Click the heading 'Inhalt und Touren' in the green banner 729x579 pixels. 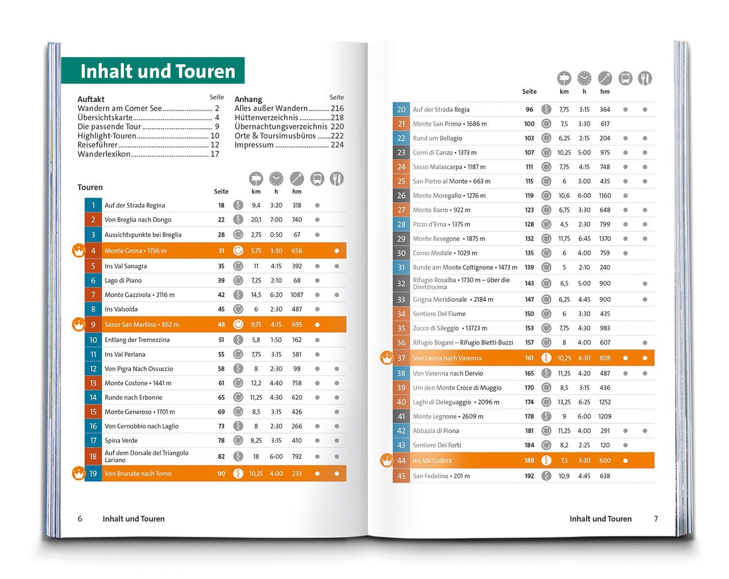[x=157, y=71]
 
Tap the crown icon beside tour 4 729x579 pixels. [x=79, y=251]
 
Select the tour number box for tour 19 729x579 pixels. [x=93, y=474]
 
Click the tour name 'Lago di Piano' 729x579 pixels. [x=123, y=281]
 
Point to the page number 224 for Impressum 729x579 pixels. [x=337, y=145]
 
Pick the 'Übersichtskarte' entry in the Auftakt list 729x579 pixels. [x=105, y=118]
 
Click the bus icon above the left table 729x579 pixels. [x=317, y=179]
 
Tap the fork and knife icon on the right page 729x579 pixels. [x=644, y=78]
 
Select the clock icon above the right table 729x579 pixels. [x=584, y=78]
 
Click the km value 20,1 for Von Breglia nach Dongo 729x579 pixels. [x=256, y=220]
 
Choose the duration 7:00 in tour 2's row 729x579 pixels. [x=276, y=220]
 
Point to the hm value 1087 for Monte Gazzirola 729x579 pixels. [x=296, y=295]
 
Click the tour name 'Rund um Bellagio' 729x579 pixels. [x=437, y=138]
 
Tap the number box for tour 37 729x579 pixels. [x=401, y=358]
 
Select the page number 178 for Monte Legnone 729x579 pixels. [x=529, y=416]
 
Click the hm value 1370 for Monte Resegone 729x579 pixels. [x=605, y=239]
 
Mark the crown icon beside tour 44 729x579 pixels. [x=386, y=460]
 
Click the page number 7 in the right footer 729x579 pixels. [x=656, y=519]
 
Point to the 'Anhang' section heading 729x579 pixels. [x=248, y=99]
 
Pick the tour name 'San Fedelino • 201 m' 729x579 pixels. [x=441, y=476]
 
